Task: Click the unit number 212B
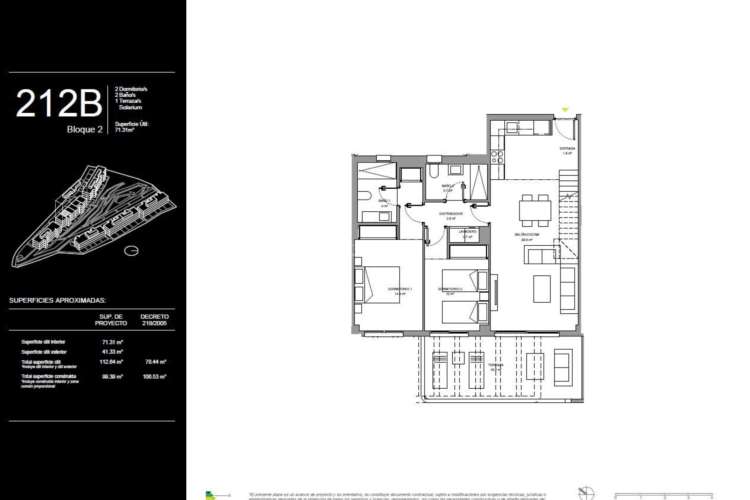tap(59, 104)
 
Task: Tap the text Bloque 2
tap(85, 130)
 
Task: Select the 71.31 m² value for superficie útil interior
tap(112, 342)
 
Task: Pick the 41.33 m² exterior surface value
tap(112, 352)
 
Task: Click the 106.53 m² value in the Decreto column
tap(155, 377)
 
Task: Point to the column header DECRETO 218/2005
tap(155, 320)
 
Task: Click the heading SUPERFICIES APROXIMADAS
tap(57, 300)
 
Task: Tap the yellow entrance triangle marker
tap(565, 110)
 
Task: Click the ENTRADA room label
tap(567, 149)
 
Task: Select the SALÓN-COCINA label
tap(527, 235)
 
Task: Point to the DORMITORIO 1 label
tap(400, 289)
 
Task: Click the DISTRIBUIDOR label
tap(451, 214)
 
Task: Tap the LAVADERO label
tap(468, 232)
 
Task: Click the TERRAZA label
tap(496, 365)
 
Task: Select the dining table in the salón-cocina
tap(535, 211)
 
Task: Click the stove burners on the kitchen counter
tap(497, 157)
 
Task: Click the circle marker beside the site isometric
tap(131, 251)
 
